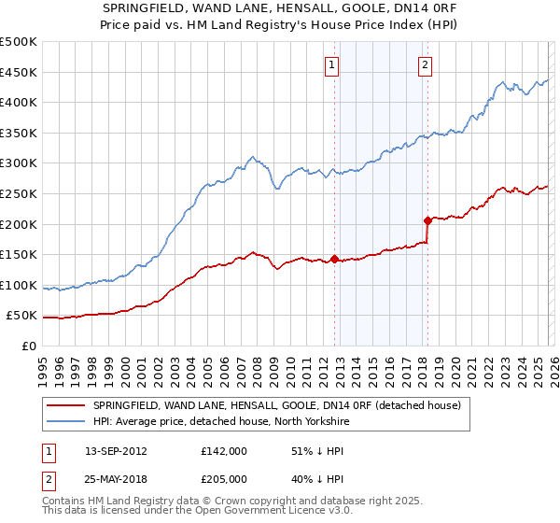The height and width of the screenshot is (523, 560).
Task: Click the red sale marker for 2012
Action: (334, 259)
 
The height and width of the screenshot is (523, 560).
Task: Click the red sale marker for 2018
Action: (427, 221)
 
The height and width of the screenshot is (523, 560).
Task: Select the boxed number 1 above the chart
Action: (332, 64)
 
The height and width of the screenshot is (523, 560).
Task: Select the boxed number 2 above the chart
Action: (425, 64)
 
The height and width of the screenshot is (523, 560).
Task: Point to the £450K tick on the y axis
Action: (18, 73)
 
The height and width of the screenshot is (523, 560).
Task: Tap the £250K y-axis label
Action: (18, 194)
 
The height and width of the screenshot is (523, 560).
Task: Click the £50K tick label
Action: (21, 316)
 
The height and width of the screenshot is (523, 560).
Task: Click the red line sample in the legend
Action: (66, 405)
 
